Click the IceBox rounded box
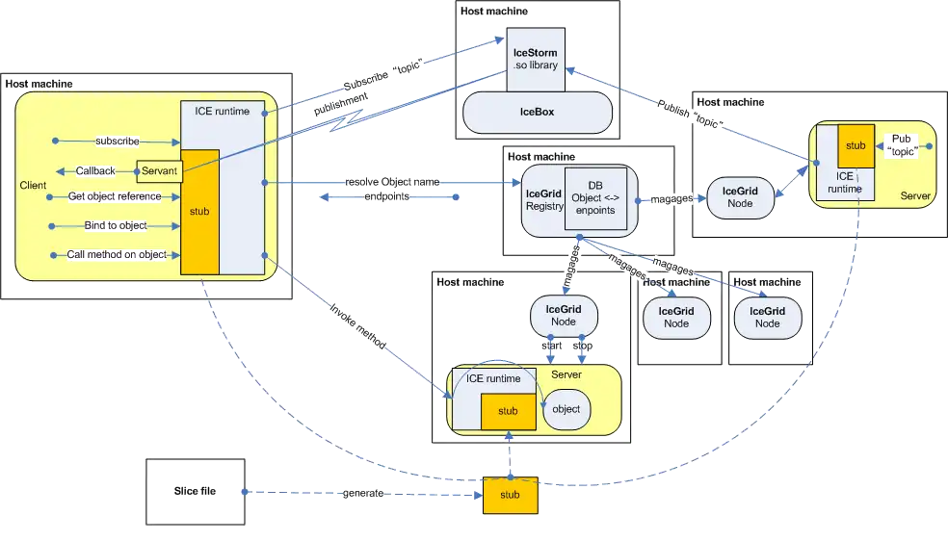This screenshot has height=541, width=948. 538,113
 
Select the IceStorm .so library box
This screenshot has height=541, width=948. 537,57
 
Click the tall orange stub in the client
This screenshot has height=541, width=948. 200,212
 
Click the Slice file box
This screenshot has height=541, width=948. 194,492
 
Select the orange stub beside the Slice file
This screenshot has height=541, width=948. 510,495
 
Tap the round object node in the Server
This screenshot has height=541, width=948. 566,409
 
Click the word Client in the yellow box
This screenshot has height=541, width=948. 33,184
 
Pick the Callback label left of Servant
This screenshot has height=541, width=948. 96,170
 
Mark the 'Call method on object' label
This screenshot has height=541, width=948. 116,255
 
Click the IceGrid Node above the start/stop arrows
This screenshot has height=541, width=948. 566,315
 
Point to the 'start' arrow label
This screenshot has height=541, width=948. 551,345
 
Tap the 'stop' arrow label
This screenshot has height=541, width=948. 584,345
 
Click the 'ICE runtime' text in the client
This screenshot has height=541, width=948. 215,112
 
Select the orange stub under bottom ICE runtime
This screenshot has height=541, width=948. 508,411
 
